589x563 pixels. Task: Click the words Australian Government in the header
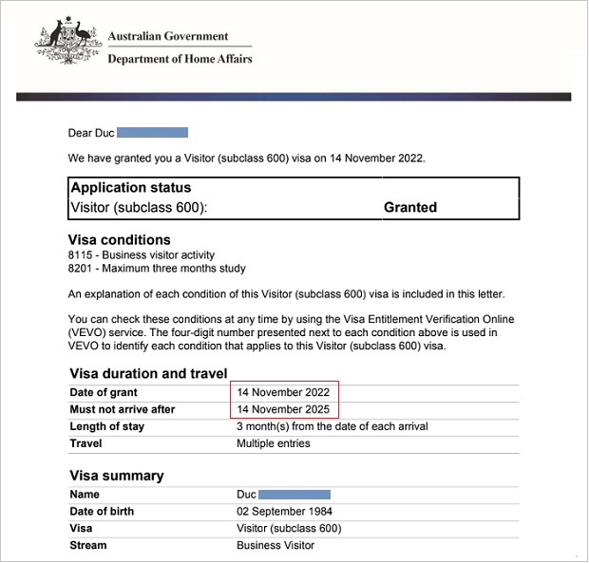click(168, 37)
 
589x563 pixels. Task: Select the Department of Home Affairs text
click(180, 59)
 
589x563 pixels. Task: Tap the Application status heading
click(131, 188)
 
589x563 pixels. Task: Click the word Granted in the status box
click(409, 207)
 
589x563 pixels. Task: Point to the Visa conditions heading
click(120, 240)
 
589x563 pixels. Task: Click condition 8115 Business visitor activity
click(142, 255)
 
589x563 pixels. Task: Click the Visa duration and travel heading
click(148, 373)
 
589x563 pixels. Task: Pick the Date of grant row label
click(104, 393)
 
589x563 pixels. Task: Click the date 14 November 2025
click(285, 410)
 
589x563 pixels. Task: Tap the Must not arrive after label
click(123, 410)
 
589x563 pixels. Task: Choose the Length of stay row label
click(107, 427)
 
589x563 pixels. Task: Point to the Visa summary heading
click(117, 476)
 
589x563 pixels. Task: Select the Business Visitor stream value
click(275, 546)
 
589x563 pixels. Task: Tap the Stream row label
click(88, 546)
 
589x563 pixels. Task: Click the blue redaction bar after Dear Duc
click(152, 133)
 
